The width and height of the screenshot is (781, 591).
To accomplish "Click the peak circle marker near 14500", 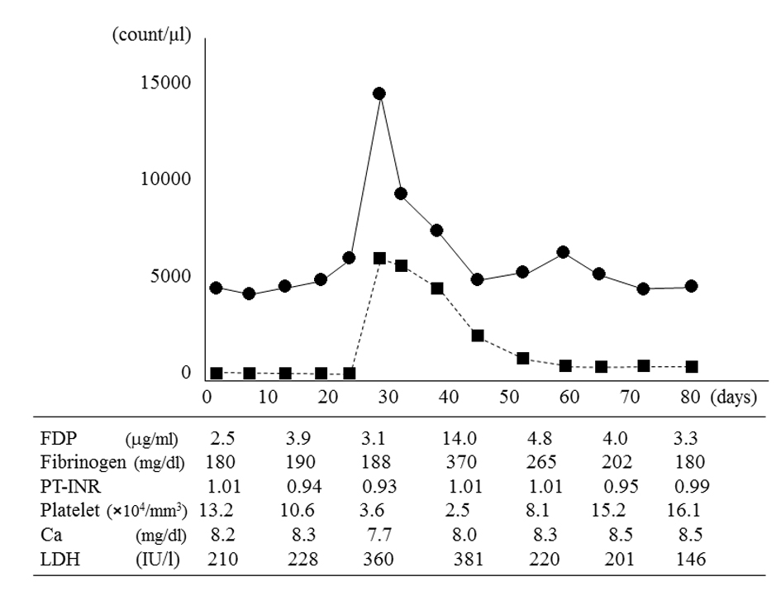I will coord(379,93).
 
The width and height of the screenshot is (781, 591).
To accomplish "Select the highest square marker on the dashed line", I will coord(379,258).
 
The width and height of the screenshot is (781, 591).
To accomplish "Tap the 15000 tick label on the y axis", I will coord(169,83).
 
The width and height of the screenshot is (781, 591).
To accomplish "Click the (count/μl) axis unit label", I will coord(152,36).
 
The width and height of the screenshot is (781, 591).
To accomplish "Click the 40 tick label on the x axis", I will coord(448,396).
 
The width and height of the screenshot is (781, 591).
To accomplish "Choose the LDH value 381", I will coord(463,559).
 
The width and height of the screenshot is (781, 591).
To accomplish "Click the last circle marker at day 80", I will coord(691,286).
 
